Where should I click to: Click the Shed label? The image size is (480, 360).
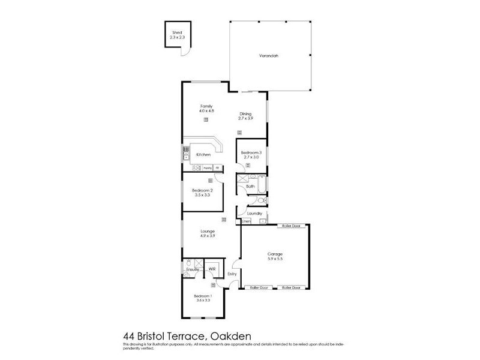point(176,32)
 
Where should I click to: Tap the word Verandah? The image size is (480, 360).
point(268,56)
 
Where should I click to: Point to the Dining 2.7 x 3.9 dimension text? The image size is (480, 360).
point(245,118)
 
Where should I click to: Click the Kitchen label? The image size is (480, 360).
point(203,155)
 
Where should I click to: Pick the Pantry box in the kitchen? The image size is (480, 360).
point(207,167)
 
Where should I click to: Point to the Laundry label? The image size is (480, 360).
point(254,213)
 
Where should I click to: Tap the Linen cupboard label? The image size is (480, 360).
point(246,221)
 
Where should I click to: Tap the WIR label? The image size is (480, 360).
point(212,269)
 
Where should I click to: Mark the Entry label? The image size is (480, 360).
point(232,274)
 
